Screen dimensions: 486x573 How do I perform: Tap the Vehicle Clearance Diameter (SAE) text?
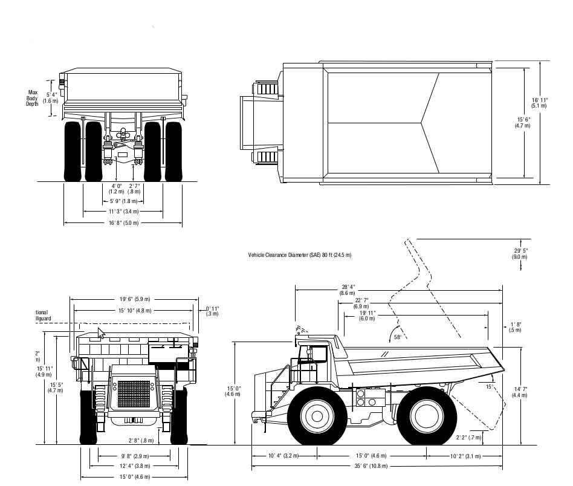point(299,255)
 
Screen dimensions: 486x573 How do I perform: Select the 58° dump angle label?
point(398,337)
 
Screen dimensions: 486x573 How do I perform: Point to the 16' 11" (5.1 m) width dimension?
point(540,102)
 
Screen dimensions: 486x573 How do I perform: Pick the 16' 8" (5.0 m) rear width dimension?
point(123,223)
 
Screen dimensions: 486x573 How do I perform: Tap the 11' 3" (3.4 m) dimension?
point(123,212)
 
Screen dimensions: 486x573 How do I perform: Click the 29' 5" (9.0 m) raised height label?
point(519,253)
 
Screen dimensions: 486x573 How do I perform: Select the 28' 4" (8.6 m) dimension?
point(348,290)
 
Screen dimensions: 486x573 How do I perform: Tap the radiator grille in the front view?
point(134,394)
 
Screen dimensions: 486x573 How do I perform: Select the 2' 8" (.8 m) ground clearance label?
point(141,440)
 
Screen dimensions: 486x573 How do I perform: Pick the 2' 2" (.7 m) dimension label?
point(469,436)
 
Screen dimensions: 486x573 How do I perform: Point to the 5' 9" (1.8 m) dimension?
point(123,201)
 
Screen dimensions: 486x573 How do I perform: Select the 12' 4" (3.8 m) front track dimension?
point(134,466)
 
